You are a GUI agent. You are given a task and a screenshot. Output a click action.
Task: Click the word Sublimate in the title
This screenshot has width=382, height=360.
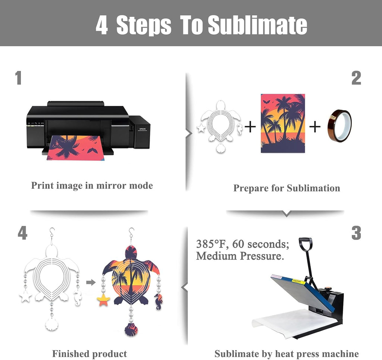pyautogui.click(x=257, y=25)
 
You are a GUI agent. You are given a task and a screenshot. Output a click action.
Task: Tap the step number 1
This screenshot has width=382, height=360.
pyautogui.click(x=18, y=78)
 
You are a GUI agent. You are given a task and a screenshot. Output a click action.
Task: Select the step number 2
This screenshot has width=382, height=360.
pyautogui.click(x=356, y=78)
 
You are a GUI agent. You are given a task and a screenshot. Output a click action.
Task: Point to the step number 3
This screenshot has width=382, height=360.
pyautogui.click(x=356, y=233)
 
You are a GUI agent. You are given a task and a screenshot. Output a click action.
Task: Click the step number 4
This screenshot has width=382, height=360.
pyautogui.click(x=22, y=233)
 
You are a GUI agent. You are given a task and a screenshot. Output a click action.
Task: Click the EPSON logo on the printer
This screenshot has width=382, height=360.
pyautogui.click(x=143, y=129)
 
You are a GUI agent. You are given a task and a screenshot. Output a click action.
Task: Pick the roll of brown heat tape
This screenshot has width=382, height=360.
pyautogui.click(x=339, y=126)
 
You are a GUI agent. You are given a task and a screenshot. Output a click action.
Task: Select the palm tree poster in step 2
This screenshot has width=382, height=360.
pyautogui.click(x=283, y=123)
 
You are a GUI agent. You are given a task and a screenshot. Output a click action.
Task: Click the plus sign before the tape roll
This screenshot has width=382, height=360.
pyautogui.click(x=315, y=127)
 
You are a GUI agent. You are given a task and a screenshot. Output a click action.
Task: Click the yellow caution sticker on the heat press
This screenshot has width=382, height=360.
pyautogui.click(x=298, y=282)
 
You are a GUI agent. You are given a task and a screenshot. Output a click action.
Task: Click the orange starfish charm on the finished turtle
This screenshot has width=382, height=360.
pyautogui.click(x=103, y=300)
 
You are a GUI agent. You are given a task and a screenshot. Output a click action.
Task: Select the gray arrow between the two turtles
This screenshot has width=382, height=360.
pyautogui.click(x=91, y=282)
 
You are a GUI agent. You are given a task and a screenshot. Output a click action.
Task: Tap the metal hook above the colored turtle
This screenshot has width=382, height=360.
pyautogui.click(x=131, y=233)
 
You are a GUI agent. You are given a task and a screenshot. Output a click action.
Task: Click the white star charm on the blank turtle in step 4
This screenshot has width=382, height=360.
pyautogui.click(x=26, y=296)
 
